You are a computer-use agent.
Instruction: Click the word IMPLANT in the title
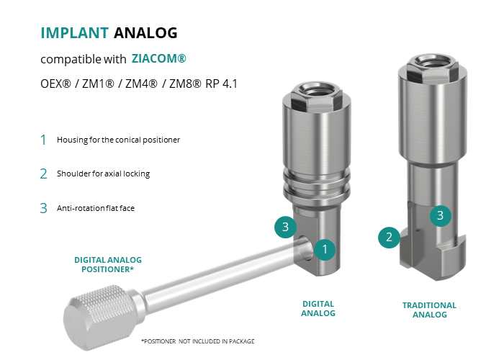(x=75, y=33)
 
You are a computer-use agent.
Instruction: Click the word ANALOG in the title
(x=145, y=33)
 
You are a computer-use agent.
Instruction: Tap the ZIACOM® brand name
(x=159, y=58)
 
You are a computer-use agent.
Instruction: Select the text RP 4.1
(x=221, y=84)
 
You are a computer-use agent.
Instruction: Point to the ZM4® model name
(x=141, y=84)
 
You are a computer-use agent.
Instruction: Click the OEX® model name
(x=55, y=84)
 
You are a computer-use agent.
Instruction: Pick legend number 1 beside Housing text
(x=43, y=140)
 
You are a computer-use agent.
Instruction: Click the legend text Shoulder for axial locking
(x=103, y=174)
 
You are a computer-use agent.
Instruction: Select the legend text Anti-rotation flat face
(x=96, y=208)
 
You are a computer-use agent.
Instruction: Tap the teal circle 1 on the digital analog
(x=325, y=249)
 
